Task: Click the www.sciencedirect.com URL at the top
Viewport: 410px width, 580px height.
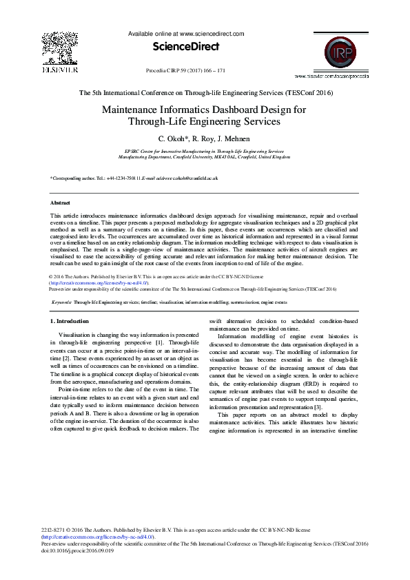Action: [x=212, y=33]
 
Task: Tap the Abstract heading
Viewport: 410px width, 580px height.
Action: [x=61, y=203]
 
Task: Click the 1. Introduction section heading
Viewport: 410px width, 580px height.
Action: [x=70, y=322]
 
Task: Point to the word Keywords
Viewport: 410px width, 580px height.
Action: [x=63, y=302]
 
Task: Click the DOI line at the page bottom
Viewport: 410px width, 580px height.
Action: [x=77, y=549]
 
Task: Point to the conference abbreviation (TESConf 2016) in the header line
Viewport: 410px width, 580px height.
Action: [x=305, y=92]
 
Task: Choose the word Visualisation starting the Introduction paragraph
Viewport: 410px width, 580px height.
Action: [x=76, y=334]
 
